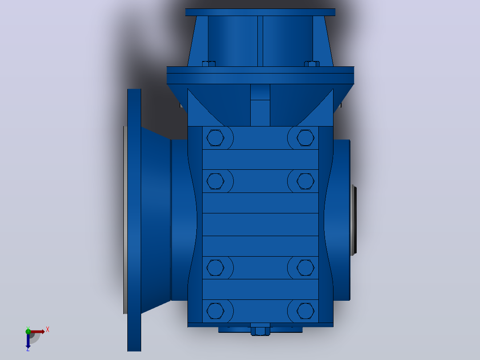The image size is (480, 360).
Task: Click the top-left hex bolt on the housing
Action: point(215,138)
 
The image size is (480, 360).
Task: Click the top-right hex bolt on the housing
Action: point(305,138)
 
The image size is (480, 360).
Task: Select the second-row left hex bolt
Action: point(215,181)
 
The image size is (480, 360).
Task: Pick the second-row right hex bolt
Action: point(305,181)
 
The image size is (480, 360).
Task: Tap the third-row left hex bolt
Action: point(215,268)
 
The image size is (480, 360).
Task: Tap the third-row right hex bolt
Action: point(305,268)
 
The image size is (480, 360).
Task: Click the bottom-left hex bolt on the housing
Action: point(215,311)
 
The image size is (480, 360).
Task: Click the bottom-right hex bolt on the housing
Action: point(305,311)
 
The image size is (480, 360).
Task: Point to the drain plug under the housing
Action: point(260,331)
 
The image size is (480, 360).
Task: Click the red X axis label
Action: point(48,330)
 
